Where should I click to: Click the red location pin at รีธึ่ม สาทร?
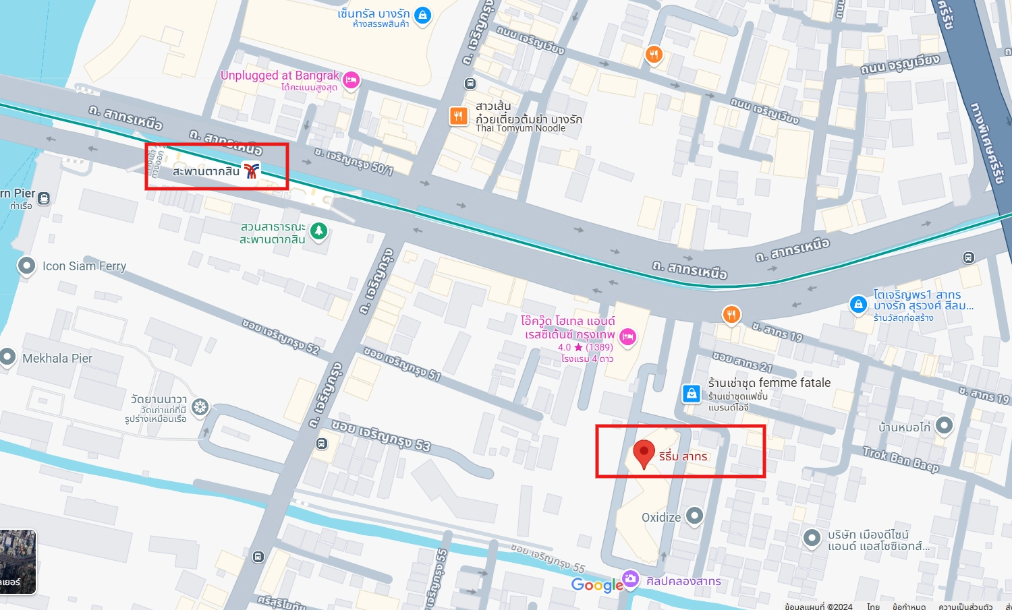644,453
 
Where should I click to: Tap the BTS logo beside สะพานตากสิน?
252,171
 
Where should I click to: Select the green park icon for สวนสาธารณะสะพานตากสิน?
318,232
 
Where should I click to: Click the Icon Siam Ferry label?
84,266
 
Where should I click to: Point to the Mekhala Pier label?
57,359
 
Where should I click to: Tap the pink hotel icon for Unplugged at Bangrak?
350,81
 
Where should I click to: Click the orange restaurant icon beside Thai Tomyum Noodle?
459,116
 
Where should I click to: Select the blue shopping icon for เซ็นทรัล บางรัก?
422,15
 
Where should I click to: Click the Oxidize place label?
660,517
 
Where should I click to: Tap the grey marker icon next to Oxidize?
694,516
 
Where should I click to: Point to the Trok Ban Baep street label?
901,459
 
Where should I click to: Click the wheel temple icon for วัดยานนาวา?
200,407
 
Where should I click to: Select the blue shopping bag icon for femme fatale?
691,393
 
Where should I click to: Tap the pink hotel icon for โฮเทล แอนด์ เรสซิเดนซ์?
627,336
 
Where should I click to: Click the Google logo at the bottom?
597,584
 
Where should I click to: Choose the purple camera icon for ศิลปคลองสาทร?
630,579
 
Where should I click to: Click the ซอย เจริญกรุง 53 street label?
381,435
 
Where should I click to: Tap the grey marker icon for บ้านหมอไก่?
944,425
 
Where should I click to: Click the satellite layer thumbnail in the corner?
18,561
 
